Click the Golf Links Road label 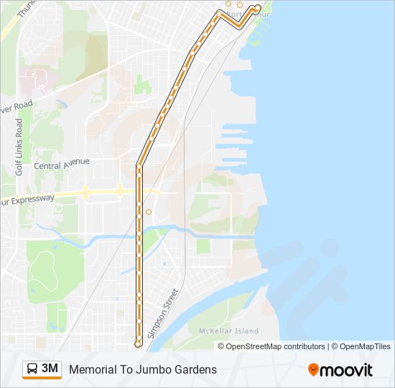click(x=19, y=147)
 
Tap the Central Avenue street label click(x=62, y=164)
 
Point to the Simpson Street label click(x=162, y=313)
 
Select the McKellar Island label click(x=228, y=331)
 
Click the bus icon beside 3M click(x=32, y=369)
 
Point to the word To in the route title click(x=127, y=370)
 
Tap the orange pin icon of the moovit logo click(x=313, y=369)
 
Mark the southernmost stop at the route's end click(x=138, y=343)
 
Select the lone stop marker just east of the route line click(x=149, y=212)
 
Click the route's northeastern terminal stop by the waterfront click(x=258, y=8)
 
